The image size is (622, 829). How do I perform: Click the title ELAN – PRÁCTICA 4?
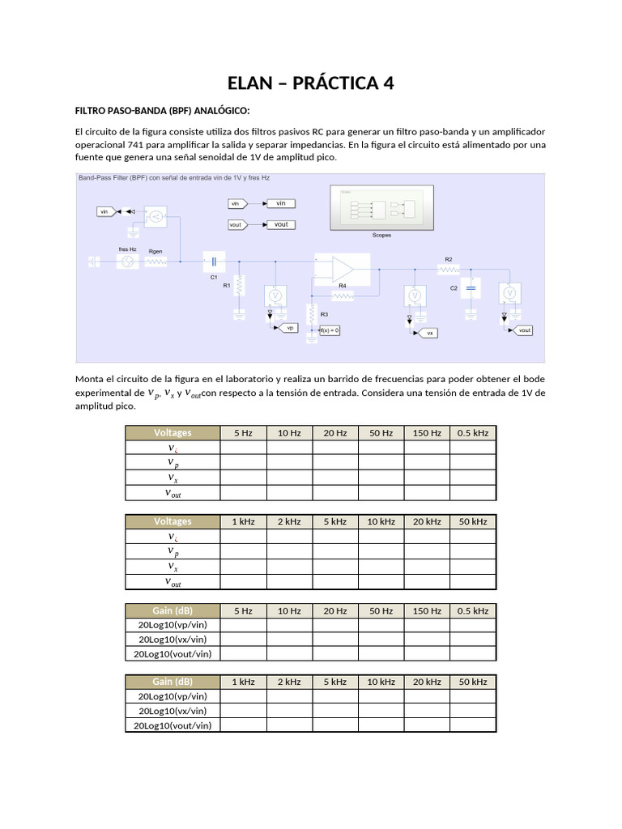(311, 83)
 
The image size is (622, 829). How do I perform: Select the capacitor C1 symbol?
(214, 261)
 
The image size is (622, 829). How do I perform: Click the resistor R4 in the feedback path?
(343, 296)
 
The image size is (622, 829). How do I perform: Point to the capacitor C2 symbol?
(472, 287)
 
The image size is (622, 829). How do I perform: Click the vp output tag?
(288, 328)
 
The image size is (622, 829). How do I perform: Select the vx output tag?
(428, 332)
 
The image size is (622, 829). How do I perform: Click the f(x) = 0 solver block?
(329, 330)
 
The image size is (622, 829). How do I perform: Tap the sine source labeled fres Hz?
(126, 261)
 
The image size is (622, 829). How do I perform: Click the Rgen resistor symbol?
(155, 261)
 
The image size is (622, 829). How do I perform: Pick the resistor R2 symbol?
(448, 269)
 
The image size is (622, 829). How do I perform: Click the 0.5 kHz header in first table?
(473, 433)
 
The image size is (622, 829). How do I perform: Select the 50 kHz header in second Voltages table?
(473, 521)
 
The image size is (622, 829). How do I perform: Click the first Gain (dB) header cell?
(173, 611)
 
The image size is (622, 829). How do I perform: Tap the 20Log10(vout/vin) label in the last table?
(173, 725)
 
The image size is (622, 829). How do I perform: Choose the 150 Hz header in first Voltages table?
(427, 433)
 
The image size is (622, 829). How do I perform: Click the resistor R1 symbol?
(240, 286)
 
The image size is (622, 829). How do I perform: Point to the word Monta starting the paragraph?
(91, 379)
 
